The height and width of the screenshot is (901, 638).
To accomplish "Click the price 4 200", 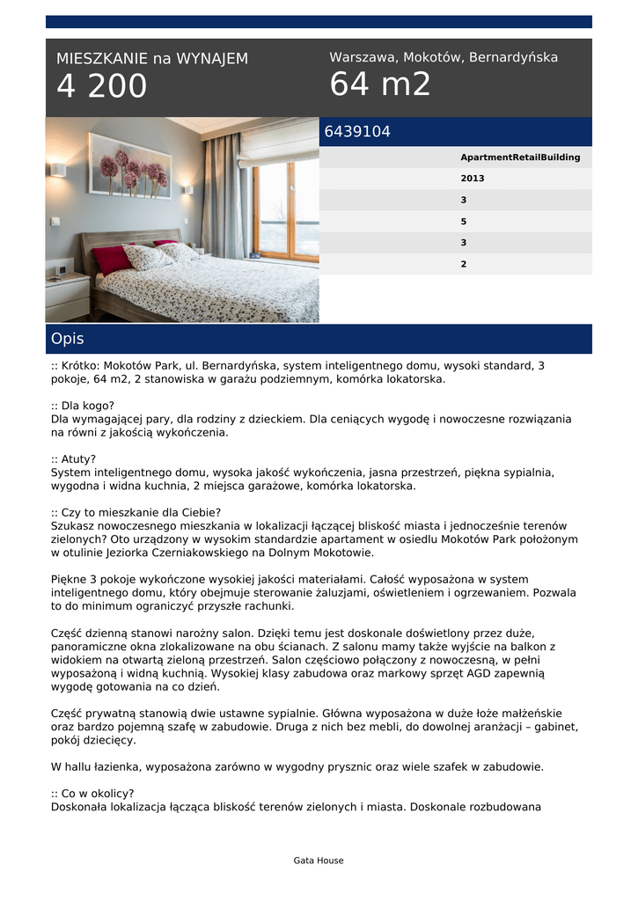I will (102, 87).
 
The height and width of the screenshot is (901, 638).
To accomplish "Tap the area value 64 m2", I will (380, 84).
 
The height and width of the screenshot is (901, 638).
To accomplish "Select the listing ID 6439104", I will (357, 132).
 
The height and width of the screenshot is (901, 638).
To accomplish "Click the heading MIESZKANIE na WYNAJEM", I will (152, 59).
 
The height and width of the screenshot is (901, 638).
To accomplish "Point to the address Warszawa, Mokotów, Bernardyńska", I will (444, 57).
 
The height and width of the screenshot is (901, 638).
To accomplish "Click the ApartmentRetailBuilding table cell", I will (520, 157).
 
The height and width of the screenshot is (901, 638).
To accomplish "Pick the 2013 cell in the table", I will (473, 179).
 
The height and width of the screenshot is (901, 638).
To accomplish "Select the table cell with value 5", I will (464, 221).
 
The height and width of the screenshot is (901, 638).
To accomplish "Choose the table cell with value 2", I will (464, 263).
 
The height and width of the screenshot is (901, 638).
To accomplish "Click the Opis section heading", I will (68, 339).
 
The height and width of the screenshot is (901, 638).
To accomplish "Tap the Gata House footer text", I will (319, 861).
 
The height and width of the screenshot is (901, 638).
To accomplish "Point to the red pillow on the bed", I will (112, 260).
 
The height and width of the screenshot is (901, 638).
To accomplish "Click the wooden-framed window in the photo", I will (287, 211).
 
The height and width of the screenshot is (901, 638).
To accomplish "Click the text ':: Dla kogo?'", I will (83, 407).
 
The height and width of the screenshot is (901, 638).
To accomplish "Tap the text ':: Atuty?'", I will (74, 459).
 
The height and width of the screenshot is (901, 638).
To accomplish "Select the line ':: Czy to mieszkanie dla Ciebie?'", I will (136, 513).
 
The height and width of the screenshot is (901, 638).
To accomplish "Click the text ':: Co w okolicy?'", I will (92, 793).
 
